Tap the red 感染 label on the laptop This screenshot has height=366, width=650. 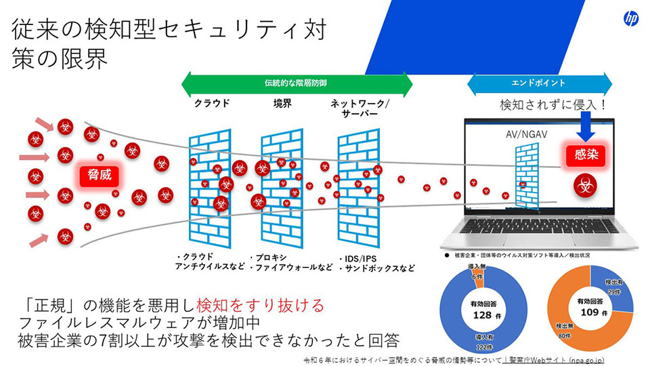pyautogui.click(x=582, y=155)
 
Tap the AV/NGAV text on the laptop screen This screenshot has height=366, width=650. pyautogui.click(x=525, y=134)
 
